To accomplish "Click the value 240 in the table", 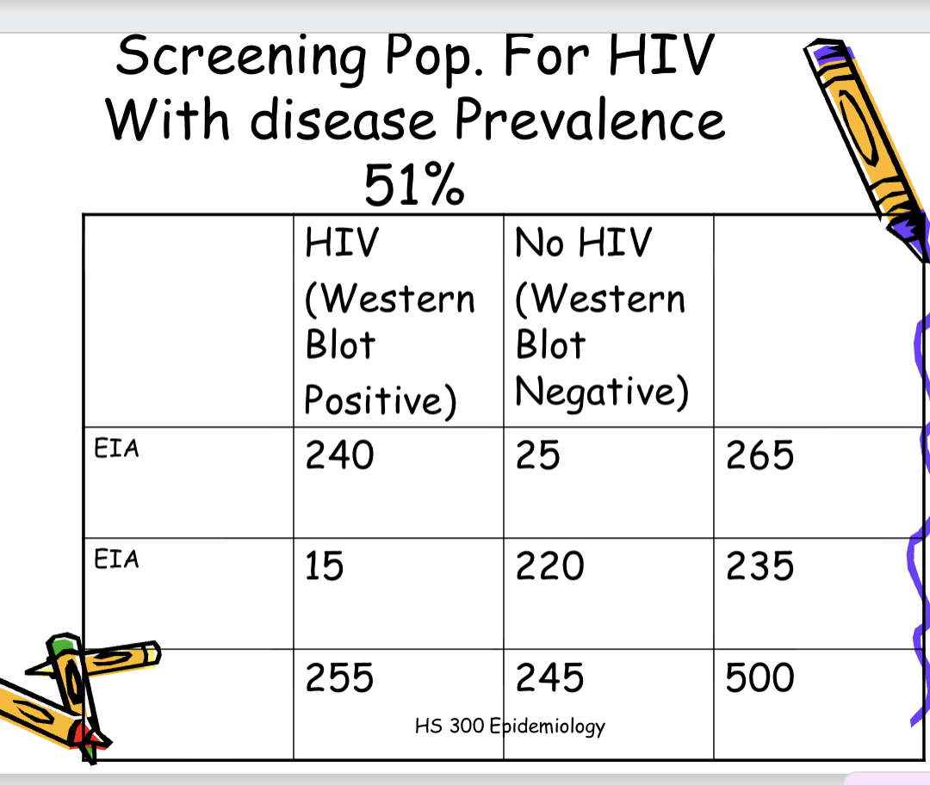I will tap(339, 454).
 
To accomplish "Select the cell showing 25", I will tap(538, 454).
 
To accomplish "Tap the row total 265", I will tap(759, 454).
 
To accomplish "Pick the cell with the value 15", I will tap(325, 566).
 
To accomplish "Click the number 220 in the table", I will tap(550, 566).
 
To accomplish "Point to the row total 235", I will tap(759, 566).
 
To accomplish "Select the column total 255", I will tap(339, 677).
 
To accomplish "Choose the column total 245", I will tap(550, 677).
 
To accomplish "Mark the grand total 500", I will tap(759, 677).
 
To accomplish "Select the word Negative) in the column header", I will tap(602, 392).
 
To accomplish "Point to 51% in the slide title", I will tap(414, 184).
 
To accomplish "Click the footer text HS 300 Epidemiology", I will tap(510, 726).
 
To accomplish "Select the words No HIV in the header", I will tap(583, 243).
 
